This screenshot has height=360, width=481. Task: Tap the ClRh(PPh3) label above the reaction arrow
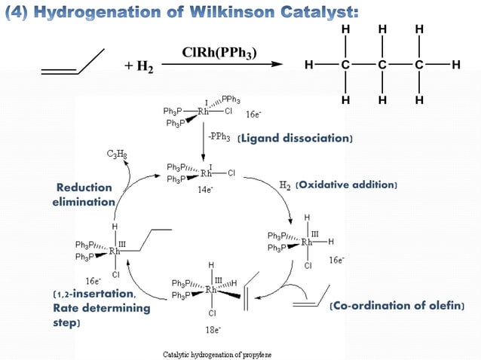pyautogui.click(x=219, y=53)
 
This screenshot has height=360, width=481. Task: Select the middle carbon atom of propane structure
pyautogui.click(x=382, y=66)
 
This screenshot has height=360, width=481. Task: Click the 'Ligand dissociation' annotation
pyautogui.click(x=295, y=139)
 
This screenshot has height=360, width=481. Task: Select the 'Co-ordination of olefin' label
pyautogui.click(x=397, y=306)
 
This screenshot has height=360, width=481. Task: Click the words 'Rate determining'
pyautogui.click(x=102, y=308)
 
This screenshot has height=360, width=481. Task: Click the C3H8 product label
pyautogui.click(x=116, y=154)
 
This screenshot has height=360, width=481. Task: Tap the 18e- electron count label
pyautogui.click(x=215, y=330)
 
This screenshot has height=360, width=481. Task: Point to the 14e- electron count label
pyautogui.click(x=204, y=191)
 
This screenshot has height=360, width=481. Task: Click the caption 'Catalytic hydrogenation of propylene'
pyautogui.click(x=218, y=353)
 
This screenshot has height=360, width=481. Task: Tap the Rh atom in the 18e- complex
pyautogui.click(x=213, y=289)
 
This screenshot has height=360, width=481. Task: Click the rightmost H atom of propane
pyautogui.click(x=455, y=66)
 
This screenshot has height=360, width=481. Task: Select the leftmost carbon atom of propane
pyautogui.click(x=345, y=66)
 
